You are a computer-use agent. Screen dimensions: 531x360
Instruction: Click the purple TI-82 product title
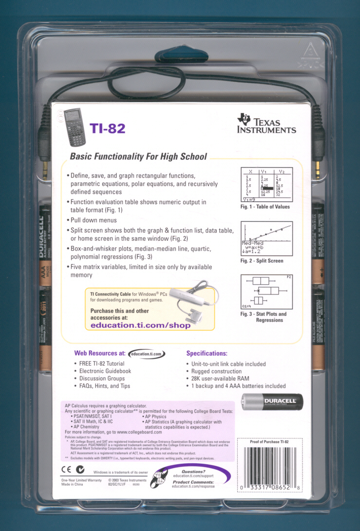click(108, 128)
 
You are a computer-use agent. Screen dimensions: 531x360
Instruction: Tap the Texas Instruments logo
click(266, 123)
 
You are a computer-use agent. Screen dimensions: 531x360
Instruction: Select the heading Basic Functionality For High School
click(138, 157)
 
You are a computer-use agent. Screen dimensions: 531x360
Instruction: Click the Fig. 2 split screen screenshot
click(265, 239)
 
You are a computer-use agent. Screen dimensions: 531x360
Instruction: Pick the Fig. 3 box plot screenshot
click(265, 292)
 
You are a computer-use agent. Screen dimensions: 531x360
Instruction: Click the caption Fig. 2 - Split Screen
click(262, 261)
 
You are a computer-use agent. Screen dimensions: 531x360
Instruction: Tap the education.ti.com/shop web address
click(141, 325)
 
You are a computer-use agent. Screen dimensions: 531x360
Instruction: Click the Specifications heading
click(207, 353)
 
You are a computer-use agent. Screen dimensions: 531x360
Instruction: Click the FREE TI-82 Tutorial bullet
click(101, 364)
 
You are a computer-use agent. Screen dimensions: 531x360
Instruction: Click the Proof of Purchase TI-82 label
click(269, 442)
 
